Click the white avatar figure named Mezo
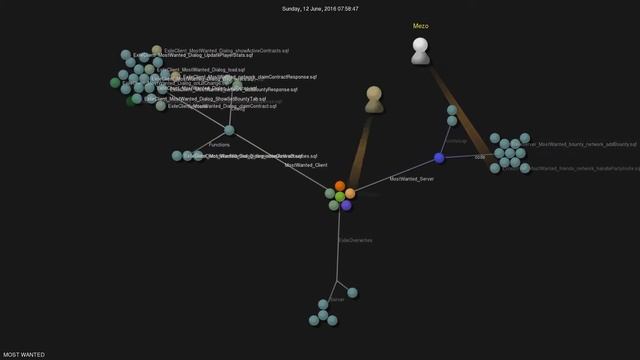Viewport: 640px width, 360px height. [x=421, y=51]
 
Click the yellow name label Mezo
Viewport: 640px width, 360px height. [x=420, y=26]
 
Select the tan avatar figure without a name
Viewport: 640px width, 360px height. [x=374, y=98]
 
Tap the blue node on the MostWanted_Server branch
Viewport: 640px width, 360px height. [x=439, y=158]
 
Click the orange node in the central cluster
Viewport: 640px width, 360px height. [x=341, y=186]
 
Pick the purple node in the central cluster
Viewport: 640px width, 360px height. [x=346, y=205]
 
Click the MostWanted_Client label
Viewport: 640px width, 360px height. [x=306, y=165]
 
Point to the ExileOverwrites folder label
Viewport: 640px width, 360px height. [x=355, y=240]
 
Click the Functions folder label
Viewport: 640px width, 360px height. [x=219, y=145]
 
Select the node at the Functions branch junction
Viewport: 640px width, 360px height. [x=229, y=130]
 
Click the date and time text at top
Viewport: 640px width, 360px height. [x=319, y=8]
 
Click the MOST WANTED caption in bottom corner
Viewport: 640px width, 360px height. [x=24, y=354]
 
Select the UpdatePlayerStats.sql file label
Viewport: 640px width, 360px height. [x=200, y=56]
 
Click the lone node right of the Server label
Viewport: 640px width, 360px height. [x=353, y=292]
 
